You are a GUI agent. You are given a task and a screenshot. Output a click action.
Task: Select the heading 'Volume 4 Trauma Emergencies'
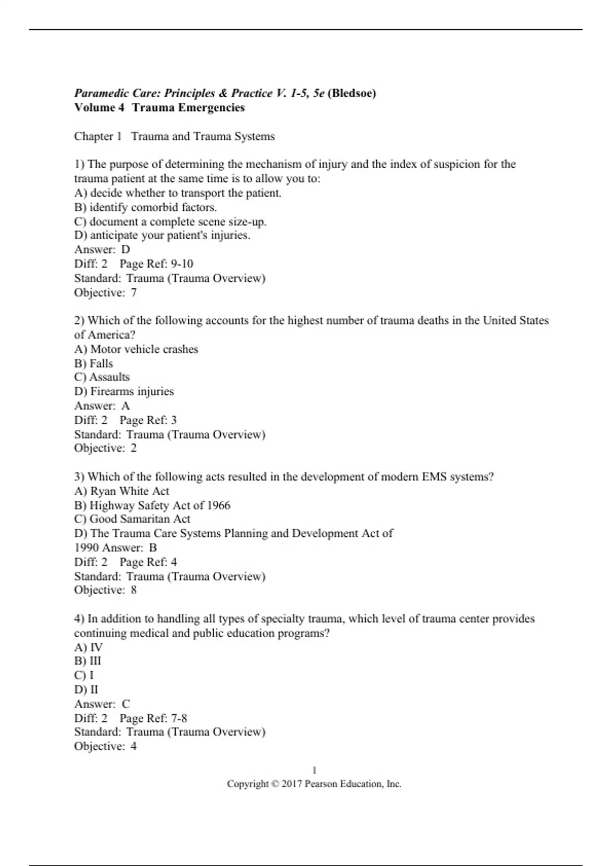(159, 107)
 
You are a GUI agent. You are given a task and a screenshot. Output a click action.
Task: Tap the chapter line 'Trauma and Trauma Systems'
(202, 137)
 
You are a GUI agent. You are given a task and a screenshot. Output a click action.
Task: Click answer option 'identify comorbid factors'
(145, 207)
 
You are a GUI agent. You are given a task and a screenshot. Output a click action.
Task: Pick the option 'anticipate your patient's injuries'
(162, 235)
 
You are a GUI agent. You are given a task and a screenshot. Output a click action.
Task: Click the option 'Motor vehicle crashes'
(136, 349)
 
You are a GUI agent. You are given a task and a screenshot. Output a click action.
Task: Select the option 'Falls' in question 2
(94, 364)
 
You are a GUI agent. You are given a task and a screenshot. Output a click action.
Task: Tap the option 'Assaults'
(102, 377)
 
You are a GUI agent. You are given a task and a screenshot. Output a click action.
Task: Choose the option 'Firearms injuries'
(124, 391)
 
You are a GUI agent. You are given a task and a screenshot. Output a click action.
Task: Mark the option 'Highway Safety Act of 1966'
(152, 505)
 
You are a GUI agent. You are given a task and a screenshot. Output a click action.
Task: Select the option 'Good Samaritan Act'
(132, 519)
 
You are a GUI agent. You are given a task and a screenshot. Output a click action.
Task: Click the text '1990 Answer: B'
(115, 548)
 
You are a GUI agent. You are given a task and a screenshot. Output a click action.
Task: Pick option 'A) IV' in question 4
(88, 647)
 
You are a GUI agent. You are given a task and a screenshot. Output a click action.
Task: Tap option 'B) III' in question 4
(88, 661)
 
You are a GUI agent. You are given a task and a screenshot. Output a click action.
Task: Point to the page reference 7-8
(179, 718)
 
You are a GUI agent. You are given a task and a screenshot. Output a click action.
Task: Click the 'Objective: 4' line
(105, 746)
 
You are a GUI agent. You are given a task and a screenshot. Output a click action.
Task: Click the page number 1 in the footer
(314, 770)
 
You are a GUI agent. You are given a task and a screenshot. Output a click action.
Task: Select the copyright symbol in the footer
(275, 784)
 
